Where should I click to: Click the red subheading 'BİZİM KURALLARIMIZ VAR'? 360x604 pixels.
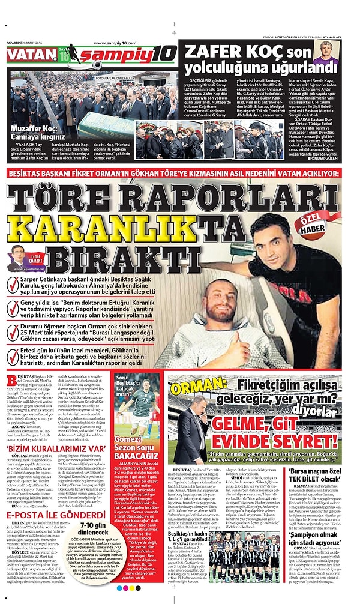coord(38,448)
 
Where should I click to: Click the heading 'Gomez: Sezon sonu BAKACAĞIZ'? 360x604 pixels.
coord(137,459)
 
